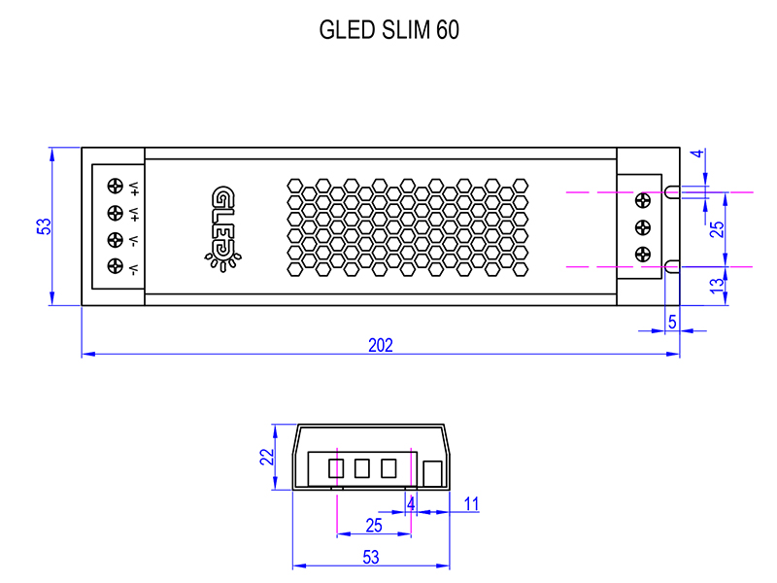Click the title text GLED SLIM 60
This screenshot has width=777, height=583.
click(x=388, y=30)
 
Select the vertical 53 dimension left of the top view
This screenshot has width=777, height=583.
click(x=44, y=225)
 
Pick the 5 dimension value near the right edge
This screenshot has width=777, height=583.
click(x=671, y=320)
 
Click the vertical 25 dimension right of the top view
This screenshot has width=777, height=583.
click(x=717, y=229)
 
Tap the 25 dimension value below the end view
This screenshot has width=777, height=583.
click(x=373, y=525)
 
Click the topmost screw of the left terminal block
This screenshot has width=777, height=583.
click(x=117, y=186)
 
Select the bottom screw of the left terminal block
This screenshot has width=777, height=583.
click(x=117, y=267)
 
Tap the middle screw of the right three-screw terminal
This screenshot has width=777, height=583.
click(x=641, y=227)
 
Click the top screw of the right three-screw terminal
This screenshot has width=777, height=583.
click(x=641, y=201)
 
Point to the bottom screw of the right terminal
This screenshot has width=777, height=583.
click(x=641, y=255)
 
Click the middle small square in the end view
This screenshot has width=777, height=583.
click(x=362, y=468)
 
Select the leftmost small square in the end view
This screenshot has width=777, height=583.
click(x=336, y=468)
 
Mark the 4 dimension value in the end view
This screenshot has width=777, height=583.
click(x=411, y=504)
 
